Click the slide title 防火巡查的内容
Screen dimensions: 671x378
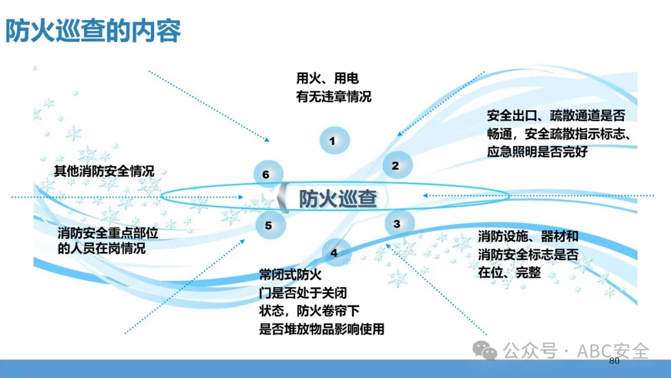click(93, 31)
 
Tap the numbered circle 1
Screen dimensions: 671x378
click(334, 141)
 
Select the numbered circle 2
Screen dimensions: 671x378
click(397, 165)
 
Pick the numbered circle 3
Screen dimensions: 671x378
click(399, 223)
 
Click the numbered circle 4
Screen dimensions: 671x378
click(336, 252)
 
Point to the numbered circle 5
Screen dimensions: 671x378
click(270, 224)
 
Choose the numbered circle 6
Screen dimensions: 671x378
click(268, 174)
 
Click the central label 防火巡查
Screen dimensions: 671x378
click(337, 198)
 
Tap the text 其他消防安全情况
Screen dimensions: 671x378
click(104, 171)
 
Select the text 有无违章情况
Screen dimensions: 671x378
click(334, 97)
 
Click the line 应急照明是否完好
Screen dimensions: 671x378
click(537, 152)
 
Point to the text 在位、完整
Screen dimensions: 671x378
click(509, 272)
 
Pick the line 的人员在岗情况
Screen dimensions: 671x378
click(102, 248)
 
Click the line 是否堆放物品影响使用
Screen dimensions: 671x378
click(322, 329)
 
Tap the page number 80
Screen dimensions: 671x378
click(614, 361)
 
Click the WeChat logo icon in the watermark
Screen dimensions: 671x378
click(485, 351)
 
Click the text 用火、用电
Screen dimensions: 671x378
click(327, 78)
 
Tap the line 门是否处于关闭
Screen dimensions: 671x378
click(303, 293)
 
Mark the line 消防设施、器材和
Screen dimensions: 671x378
click(528, 236)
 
